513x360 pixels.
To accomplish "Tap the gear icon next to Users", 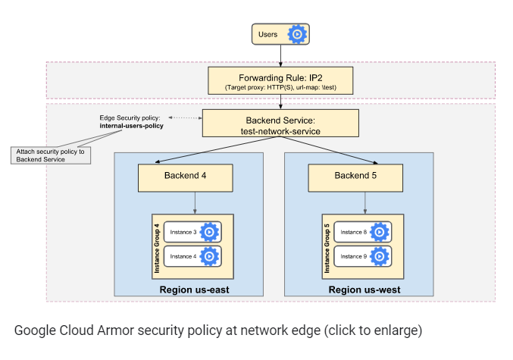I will click(298, 34).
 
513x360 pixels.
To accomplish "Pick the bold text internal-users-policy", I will click(131, 126).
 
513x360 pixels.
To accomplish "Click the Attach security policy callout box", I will click(48, 155).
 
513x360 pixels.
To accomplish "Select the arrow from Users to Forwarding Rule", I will click(281, 55).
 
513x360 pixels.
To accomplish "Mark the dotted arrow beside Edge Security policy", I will click(181, 118).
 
